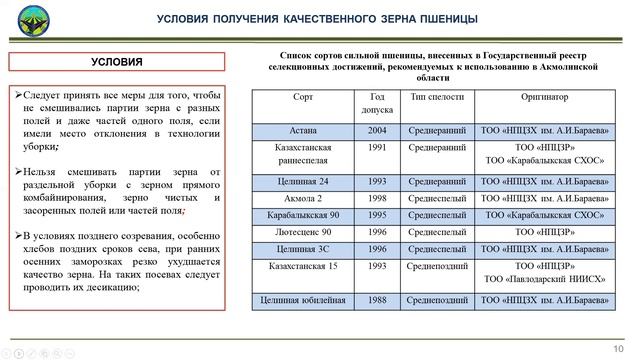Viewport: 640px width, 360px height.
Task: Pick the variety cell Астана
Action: [303, 131]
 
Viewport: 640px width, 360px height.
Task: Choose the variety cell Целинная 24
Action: [303, 181]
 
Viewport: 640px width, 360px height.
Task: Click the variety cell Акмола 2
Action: [303, 198]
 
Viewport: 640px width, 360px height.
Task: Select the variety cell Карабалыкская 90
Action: [303, 214]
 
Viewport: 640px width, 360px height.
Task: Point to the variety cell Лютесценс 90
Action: [303, 231]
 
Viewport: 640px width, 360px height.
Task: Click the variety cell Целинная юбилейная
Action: [303, 299]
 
